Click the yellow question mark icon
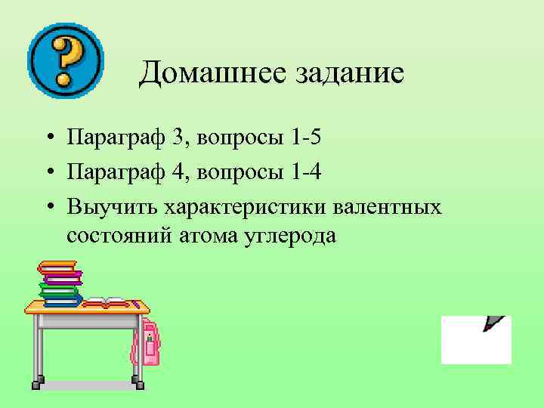click(x=65, y=60)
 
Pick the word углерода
click(x=289, y=235)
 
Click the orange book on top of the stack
click(x=57, y=267)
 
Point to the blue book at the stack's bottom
click(x=62, y=300)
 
